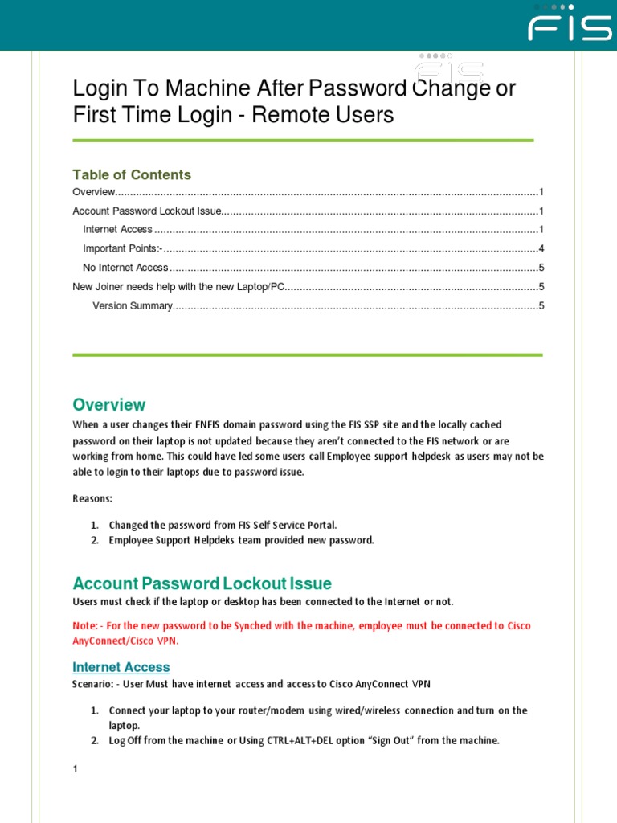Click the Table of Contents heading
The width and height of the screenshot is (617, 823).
click(x=132, y=174)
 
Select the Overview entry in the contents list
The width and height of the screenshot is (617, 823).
click(x=94, y=192)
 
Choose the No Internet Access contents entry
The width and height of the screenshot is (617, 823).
click(x=125, y=268)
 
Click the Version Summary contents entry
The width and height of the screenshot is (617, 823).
click(x=133, y=305)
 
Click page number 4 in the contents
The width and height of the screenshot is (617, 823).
click(x=541, y=248)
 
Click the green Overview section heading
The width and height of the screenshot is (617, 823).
click(x=109, y=404)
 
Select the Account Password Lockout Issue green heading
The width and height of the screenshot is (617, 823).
click(x=202, y=583)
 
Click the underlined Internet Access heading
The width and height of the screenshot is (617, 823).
click(x=121, y=667)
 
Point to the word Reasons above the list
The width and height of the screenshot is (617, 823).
click(x=92, y=499)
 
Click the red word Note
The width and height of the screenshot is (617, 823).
click(x=84, y=626)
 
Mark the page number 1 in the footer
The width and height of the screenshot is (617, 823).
click(x=76, y=769)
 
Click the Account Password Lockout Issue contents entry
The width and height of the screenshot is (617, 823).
click(x=146, y=211)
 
